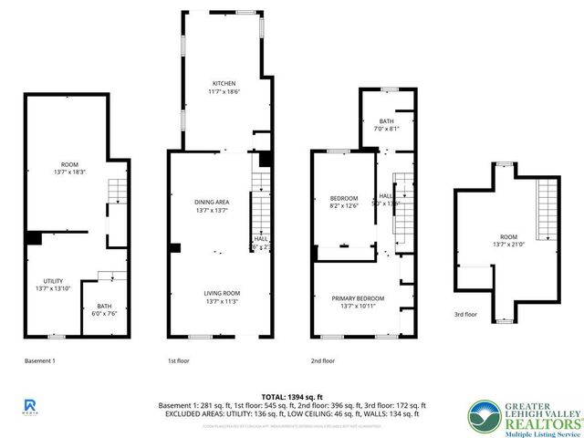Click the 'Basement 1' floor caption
tap(39, 360)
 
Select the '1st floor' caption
tap(178, 360)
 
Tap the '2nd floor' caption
tap(322, 360)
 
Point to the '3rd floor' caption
tap(465, 315)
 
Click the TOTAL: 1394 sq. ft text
tap(287, 396)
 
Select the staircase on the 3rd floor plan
tap(547, 209)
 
